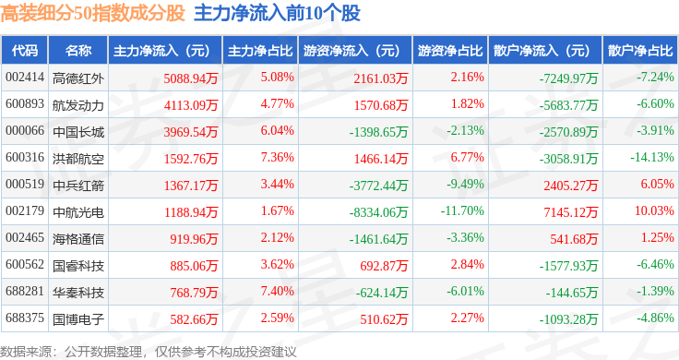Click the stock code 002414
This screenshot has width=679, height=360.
(x=25, y=78)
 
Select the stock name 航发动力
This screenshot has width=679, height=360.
(x=78, y=105)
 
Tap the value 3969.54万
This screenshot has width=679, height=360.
(x=191, y=132)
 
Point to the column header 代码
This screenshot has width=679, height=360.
(x=25, y=51)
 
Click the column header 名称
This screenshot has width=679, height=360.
(x=78, y=51)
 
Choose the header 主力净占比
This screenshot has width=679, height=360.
(x=260, y=51)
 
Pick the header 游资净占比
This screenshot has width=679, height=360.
(x=450, y=51)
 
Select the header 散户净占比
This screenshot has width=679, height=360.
(x=640, y=51)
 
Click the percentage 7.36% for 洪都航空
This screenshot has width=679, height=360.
(x=277, y=157)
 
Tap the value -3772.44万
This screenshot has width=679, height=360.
(x=378, y=186)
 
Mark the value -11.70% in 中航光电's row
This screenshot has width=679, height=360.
(x=462, y=210)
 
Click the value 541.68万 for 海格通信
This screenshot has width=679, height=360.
(x=574, y=239)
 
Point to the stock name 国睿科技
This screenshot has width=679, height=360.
(x=78, y=266)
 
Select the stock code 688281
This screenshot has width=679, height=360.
(x=25, y=291)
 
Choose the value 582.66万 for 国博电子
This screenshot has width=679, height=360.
(x=194, y=319)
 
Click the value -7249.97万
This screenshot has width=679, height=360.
(x=568, y=78)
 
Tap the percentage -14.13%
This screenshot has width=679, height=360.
(x=651, y=157)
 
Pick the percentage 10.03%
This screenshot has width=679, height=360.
(x=654, y=210)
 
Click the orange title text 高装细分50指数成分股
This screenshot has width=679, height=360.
(x=92, y=13)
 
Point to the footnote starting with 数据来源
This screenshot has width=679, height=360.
(x=149, y=352)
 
